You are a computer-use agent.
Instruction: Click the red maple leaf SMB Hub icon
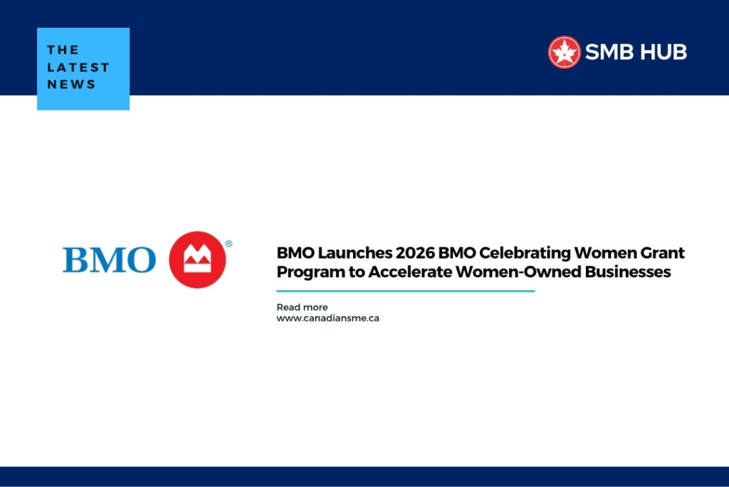[x=565, y=52]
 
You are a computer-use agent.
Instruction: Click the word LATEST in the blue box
[x=78, y=67]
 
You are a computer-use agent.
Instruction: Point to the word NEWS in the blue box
[x=71, y=84]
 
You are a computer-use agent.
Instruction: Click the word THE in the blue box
[x=62, y=50]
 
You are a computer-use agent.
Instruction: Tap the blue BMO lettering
[x=109, y=260]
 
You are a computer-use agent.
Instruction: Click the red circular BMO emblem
[x=197, y=260]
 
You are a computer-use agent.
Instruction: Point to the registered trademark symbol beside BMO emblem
[x=229, y=244]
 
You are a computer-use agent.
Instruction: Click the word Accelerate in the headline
[x=408, y=272]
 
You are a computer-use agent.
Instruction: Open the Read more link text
[x=302, y=307]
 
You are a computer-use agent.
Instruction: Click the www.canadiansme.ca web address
[x=327, y=318]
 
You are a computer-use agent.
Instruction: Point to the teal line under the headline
[x=405, y=291]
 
